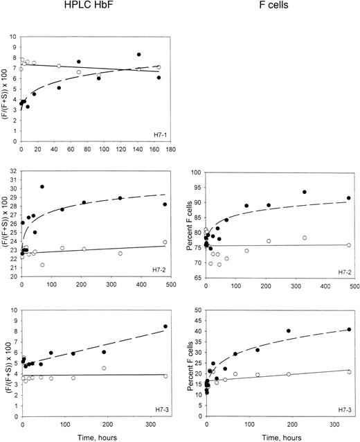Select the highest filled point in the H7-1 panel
139,54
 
